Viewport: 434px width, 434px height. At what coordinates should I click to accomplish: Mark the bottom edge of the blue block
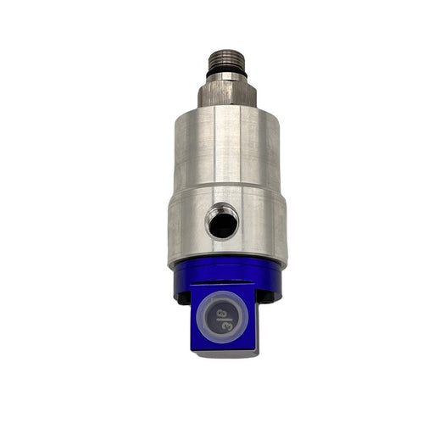(223, 354)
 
